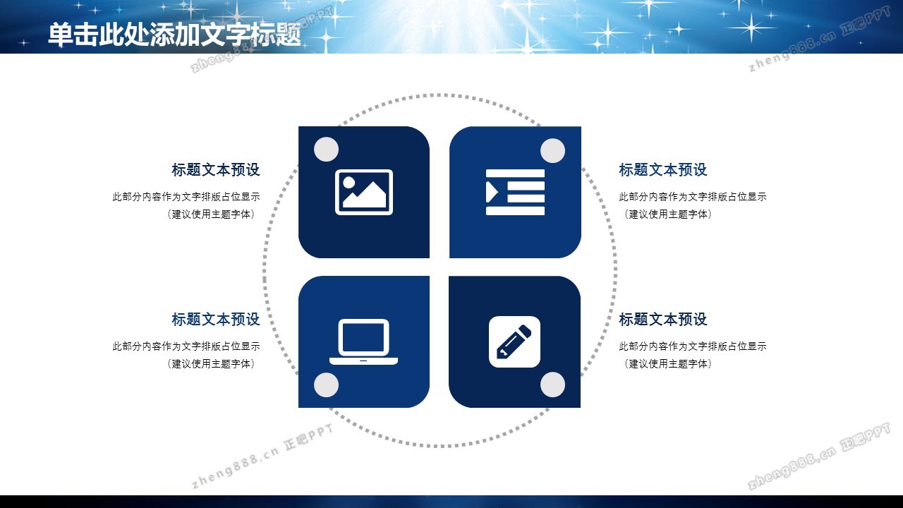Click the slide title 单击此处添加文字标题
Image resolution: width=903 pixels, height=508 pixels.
pos(174,35)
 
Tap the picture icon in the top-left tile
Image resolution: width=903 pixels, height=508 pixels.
pos(363,193)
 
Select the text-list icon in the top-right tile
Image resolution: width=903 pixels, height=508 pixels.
pos(515,193)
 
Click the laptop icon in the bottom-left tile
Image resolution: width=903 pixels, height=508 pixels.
pos(363,342)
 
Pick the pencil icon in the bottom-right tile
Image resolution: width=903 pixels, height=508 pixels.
pos(514,342)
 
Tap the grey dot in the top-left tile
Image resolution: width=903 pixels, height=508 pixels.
pos(326,149)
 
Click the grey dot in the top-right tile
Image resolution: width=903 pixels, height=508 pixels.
pos(552,151)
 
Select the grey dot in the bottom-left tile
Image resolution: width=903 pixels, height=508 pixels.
pos(326,385)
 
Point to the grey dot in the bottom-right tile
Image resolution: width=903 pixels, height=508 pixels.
pos(552,385)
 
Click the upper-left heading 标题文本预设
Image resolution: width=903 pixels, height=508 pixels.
pos(216,170)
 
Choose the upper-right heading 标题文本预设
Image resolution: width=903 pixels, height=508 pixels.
pos(663,170)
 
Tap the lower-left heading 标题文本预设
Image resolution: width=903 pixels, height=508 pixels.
pos(216,320)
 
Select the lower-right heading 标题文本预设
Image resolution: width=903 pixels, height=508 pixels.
pos(663,320)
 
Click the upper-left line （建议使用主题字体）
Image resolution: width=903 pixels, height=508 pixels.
pos(211,214)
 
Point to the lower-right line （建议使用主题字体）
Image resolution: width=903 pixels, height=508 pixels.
pos(667,363)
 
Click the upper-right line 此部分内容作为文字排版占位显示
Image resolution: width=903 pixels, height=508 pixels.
pos(693,197)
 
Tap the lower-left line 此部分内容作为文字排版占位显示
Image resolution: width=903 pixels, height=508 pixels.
pos(186,346)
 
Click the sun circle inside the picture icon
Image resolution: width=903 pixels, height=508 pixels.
pos(349,182)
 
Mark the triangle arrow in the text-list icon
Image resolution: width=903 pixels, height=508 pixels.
pos(492,192)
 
